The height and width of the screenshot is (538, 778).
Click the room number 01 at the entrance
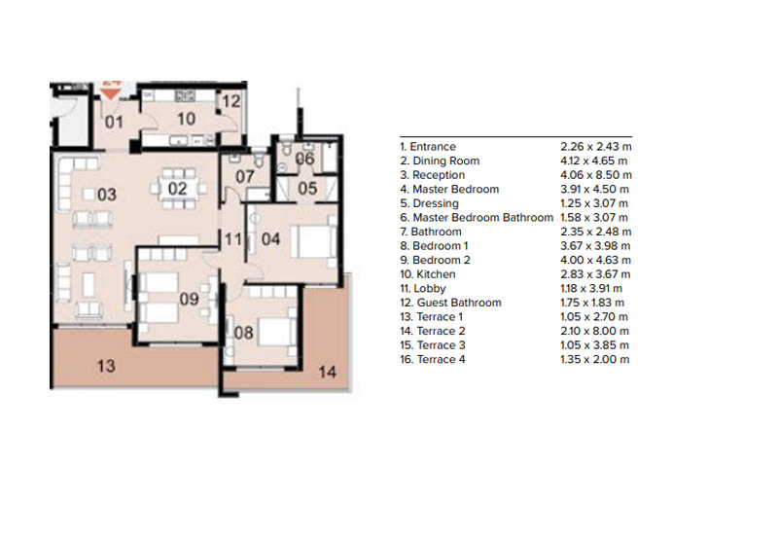[x=114, y=122]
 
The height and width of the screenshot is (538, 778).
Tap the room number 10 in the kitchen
[x=186, y=119]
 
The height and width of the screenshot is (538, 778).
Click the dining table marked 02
[x=178, y=188]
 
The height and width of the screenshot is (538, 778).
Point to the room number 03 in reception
[x=106, y=195]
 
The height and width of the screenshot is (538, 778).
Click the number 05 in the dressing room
[x=306, y=189]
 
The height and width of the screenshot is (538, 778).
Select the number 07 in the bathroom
[x=244, y=177]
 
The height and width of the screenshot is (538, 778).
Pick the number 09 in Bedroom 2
[x=190, y=300]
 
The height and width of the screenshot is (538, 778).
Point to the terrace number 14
[x=327, y=371]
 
